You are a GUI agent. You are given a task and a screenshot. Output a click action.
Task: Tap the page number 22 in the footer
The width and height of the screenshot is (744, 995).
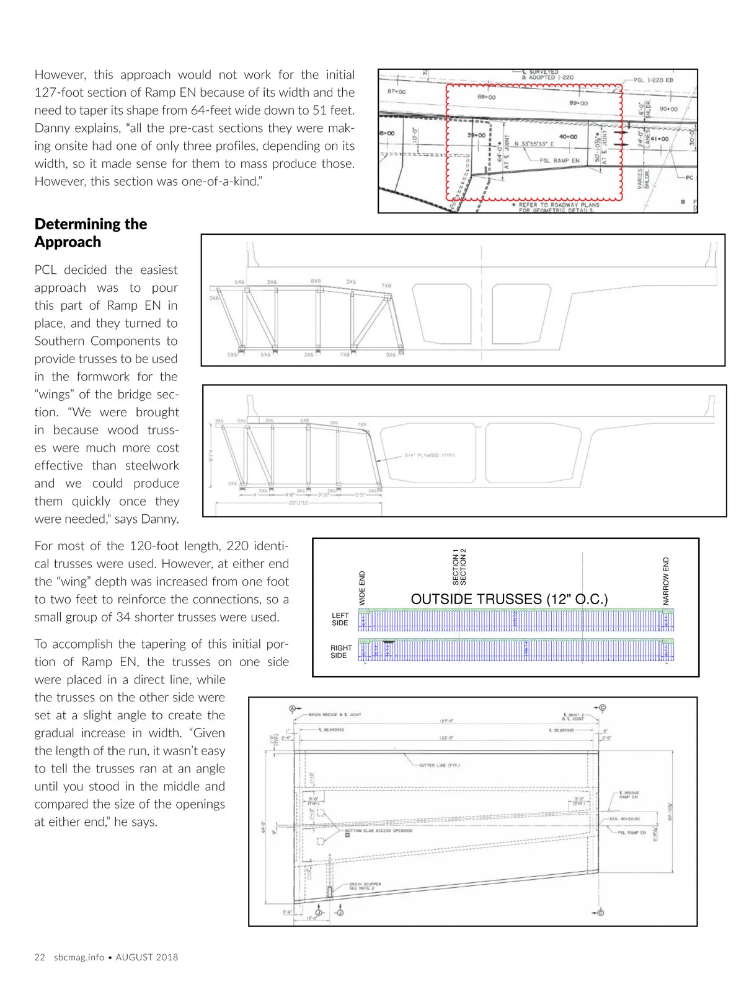(40, 957)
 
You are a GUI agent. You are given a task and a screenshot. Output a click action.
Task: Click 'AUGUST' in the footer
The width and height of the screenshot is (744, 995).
(134, 957)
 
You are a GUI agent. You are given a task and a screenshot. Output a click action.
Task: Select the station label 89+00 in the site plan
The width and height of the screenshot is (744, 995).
(578, 103)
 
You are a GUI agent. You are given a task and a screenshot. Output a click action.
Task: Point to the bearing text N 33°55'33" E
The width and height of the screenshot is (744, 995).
(534, 144)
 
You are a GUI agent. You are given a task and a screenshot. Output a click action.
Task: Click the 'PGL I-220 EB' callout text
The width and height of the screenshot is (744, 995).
(653, 80)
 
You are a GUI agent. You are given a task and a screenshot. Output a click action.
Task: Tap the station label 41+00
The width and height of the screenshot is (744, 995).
(659, 139)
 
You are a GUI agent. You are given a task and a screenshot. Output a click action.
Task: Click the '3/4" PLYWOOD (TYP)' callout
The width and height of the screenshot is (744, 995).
(429, 455)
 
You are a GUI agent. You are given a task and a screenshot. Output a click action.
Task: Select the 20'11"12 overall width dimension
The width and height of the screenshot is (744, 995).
(298, 503)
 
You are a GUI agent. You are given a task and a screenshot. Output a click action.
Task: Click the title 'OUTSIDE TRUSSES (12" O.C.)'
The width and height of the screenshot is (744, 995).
(509, 599)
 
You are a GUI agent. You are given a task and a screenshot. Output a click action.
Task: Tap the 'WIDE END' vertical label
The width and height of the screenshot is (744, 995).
(363, 588)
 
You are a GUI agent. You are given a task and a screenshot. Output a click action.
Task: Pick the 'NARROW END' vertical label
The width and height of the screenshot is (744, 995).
(666, 581)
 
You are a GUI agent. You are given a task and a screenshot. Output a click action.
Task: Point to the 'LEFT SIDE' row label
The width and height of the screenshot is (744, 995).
(340, 619)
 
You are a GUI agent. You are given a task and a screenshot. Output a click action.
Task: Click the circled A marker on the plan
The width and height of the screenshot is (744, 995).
(293, 708)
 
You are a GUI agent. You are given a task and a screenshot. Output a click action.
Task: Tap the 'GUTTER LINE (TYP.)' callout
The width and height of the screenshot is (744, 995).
(440, 765)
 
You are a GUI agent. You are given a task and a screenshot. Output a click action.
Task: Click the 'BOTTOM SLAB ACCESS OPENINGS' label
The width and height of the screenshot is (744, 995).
(378, 830)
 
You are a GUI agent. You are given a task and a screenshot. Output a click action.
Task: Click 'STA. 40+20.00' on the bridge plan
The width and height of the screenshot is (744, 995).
(624, 818)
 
